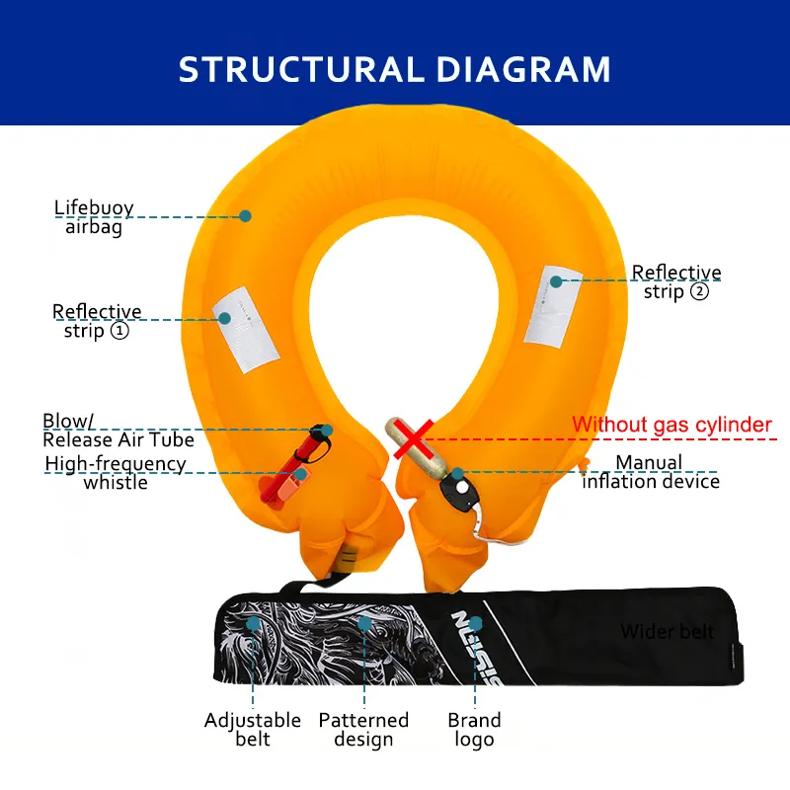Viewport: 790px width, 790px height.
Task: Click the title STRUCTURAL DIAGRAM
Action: tap(395, 69)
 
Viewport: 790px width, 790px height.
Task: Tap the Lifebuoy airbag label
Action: tap(93, 217)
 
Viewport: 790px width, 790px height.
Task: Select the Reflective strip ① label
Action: tap(97, 321)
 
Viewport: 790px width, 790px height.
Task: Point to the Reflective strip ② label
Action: tap(676, 281)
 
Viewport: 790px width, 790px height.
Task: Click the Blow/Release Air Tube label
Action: tap(118, 431)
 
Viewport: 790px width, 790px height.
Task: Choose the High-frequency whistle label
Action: tap(116, 472)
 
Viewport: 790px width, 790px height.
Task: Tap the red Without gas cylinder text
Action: tap(671, 426)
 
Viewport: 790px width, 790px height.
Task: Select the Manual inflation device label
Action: tap(650, 472)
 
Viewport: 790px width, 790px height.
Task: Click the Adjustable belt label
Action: tap(252, 730)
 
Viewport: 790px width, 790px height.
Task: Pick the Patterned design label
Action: tap(363, 730)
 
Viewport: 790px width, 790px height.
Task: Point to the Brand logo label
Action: tap(474, 730)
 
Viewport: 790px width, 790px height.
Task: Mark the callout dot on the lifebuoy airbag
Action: tap(245, 215)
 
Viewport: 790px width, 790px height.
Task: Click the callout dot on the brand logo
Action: tap(476, 623)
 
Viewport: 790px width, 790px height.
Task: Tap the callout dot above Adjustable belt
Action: tap(254, 624)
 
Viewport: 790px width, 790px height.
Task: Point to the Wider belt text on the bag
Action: tap(668, 631)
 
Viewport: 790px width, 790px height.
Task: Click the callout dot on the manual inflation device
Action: tap(457, 473)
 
